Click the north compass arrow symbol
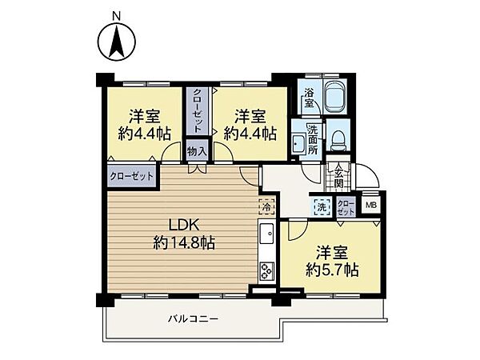(x=117, y=42)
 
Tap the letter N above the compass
(x=116, y=16)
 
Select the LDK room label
(x=184, y=226)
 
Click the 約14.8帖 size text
(x=184, y=243)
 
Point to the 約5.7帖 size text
(x=332, y=270)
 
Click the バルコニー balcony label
(x=193, y=319)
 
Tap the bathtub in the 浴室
(x=336, y=97)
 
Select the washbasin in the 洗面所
(x=298, y=143)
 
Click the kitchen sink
(x=267, y=234)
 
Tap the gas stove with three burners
(x=267, y=271)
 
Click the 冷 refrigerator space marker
(x=266, y=206)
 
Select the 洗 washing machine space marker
(x=322, y=206)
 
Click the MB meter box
(x=371, y=205)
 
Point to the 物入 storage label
(x=198, y=150)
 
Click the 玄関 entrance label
(x=338, y=176)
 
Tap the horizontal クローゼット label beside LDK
(x=132, y=176)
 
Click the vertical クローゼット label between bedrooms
(x=198, y=110)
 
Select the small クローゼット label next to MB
(x=346, y=207)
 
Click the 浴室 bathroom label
(x=309, y=98)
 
